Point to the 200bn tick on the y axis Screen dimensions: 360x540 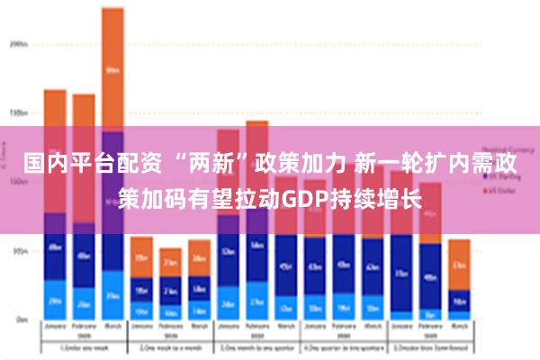coord(18,43)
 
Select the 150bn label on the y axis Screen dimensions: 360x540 coord(18,113)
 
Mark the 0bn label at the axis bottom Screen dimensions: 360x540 coord(20,319)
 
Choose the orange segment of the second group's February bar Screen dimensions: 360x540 coord(170,262)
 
